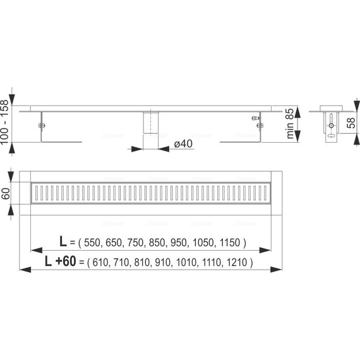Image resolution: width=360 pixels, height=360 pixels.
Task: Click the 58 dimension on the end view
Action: tap(351, 123)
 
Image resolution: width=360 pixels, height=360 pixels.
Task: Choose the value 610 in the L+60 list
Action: tap(103, 262)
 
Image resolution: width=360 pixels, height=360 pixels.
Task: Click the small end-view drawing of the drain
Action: tap(330, 123)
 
